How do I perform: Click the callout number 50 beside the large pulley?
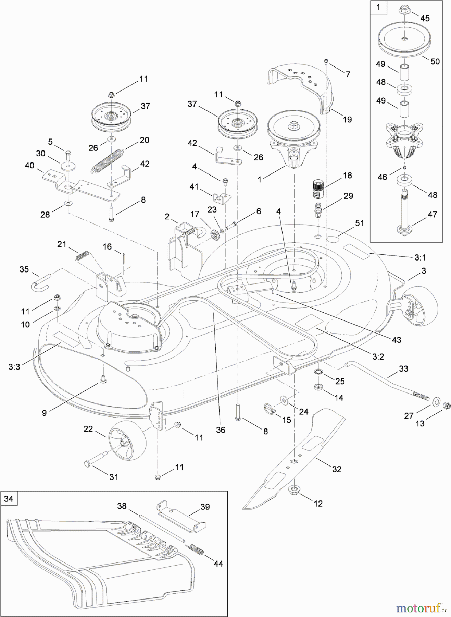coord(435,61)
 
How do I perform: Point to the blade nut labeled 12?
coord(294,490)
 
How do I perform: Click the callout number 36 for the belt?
coord(221,430)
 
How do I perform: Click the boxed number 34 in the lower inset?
coord(9,499)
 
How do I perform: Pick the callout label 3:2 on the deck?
coord(378,356)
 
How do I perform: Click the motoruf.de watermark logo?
coord(421,608)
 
